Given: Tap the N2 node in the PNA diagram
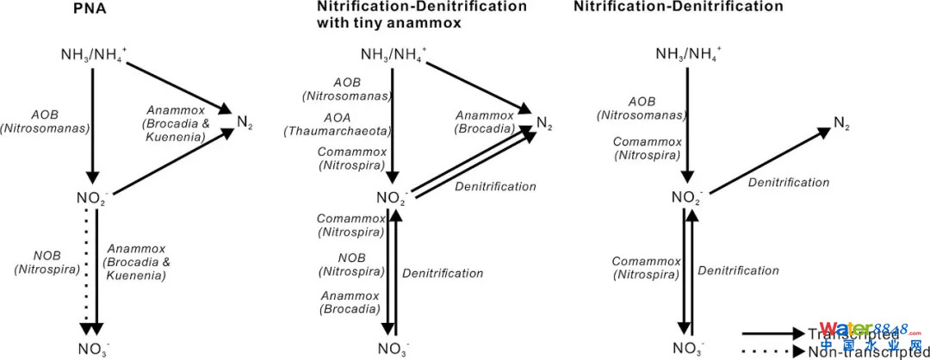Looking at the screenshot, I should coord(245,121).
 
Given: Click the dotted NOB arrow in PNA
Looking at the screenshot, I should coord(85,267).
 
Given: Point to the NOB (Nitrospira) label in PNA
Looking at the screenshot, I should coord(46,263).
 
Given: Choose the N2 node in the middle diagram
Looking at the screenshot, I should coord(544,122).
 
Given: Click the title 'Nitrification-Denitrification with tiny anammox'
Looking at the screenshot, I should coord(422,15).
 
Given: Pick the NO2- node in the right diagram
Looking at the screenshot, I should coord(687,197).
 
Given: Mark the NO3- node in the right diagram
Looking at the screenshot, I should coord(687,348).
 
